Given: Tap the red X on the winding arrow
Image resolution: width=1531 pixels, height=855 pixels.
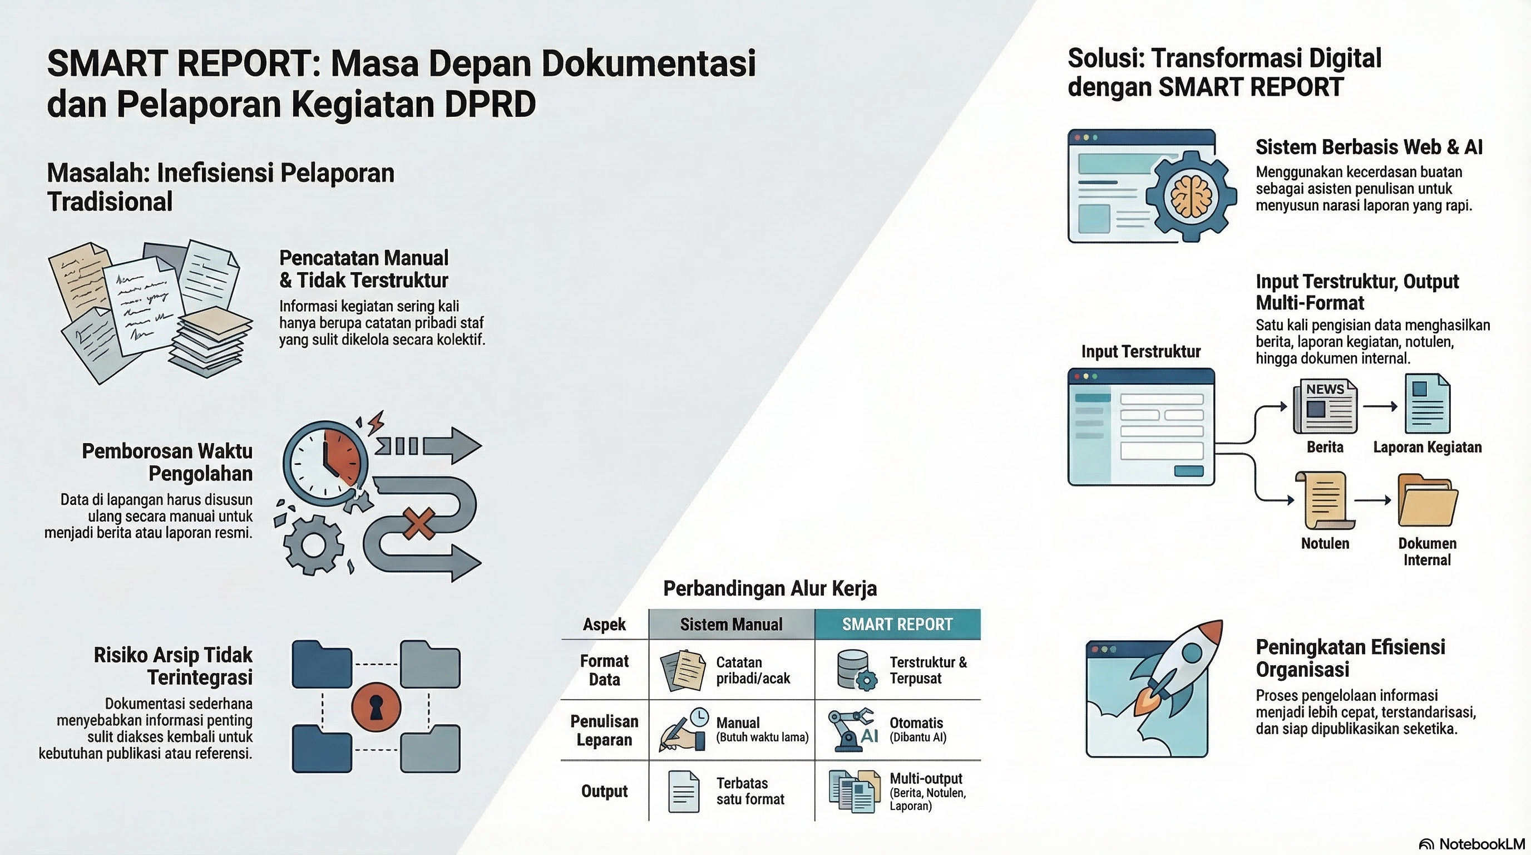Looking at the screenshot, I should pyautogui.click(x=419, y=524).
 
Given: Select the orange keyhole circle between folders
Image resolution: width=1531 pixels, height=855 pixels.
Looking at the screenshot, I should pyautogui.click(x=376, y=707).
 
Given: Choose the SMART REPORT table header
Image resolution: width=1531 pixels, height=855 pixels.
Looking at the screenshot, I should pyautogui.click(x=897, y=625).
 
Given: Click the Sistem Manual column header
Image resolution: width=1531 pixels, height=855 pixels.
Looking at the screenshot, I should pyautogui.click(x=731, y=625).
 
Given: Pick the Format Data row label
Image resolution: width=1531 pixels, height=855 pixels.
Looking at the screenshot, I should pyautogui.click(x=604, y=670).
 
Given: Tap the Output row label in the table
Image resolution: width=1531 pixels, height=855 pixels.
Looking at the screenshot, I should pyautogui.click(x=604, y=792).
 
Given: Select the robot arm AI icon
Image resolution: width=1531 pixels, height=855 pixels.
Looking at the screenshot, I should pyautogui.click(x=853, y=730).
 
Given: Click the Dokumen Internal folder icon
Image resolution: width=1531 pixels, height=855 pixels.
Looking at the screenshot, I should pyautogui.click(x=1427, y=500).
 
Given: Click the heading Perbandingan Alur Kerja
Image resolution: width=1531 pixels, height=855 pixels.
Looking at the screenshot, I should pyautogui.click(x=769, y=588).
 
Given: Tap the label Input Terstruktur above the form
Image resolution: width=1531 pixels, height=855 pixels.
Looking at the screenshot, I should pyautogui.click(x=1140, y=351).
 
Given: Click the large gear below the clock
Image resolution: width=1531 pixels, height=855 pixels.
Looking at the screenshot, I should pyautogui.click(x=313, y=544).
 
